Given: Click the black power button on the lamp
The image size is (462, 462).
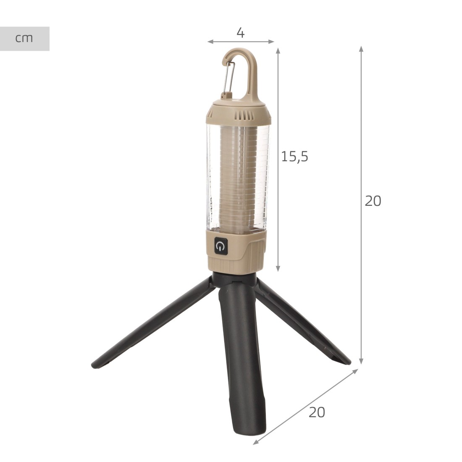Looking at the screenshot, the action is [x=221, y=246].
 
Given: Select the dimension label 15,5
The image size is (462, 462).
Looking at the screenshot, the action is [x=295, y=156].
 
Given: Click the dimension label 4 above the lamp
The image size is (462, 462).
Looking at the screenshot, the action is [x=240, y=33].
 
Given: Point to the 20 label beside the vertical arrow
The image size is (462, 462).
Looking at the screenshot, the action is [x=373, y=201].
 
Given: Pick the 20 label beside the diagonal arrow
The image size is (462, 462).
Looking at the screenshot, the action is [x=317, y=412].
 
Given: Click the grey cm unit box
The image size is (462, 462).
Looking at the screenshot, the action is [x=24, y=39].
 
